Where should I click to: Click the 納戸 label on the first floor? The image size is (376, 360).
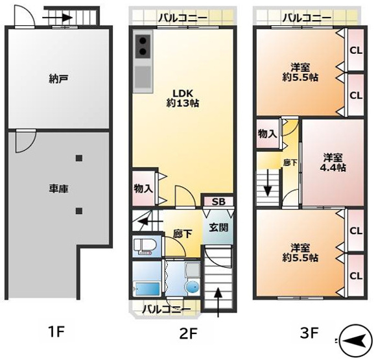58,79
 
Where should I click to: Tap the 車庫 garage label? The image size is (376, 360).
58,188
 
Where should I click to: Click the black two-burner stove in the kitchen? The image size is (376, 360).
143,47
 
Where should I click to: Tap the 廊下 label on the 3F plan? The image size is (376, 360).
290,163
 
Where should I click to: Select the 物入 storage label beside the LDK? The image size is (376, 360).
144,189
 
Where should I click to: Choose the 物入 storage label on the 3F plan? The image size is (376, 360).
267,134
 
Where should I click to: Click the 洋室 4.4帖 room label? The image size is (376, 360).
334,162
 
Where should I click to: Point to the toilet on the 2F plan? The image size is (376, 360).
145,246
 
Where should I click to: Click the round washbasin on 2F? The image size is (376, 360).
192,287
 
